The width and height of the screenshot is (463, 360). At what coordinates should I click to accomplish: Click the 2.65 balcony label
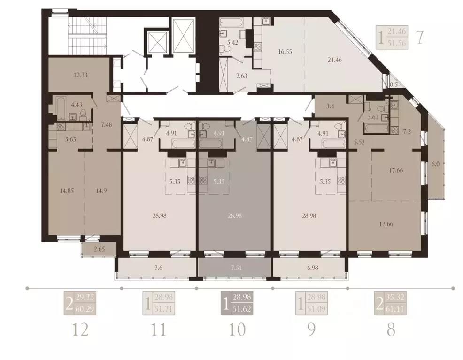pyautogui.click(x=98, y=249)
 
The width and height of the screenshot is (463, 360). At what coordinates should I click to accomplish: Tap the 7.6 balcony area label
pyautogui.click(x=158, y=268)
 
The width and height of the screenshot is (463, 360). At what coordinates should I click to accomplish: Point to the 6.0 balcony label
pyautogui.click(x=435, y=164)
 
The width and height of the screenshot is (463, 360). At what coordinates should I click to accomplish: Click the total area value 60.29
pyautogui.click(x=88, y=309)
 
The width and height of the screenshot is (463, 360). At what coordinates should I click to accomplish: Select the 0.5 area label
pyautogui.click(x=394, y=84)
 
